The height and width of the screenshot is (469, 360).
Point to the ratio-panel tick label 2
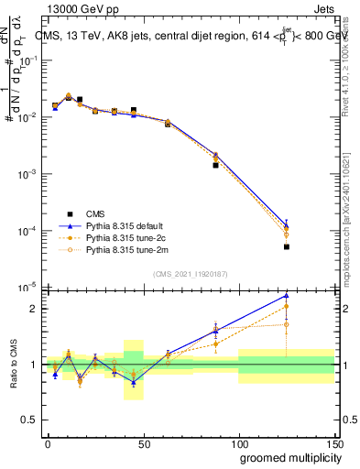[x=34, y=309]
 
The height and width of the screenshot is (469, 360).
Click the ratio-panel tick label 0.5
[x=31, y=420]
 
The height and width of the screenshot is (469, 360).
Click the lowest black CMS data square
[x=287, y=246]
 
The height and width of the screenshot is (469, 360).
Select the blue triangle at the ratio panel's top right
[x=287, y=295]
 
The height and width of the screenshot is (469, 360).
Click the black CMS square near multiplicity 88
[x=215, y=166]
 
